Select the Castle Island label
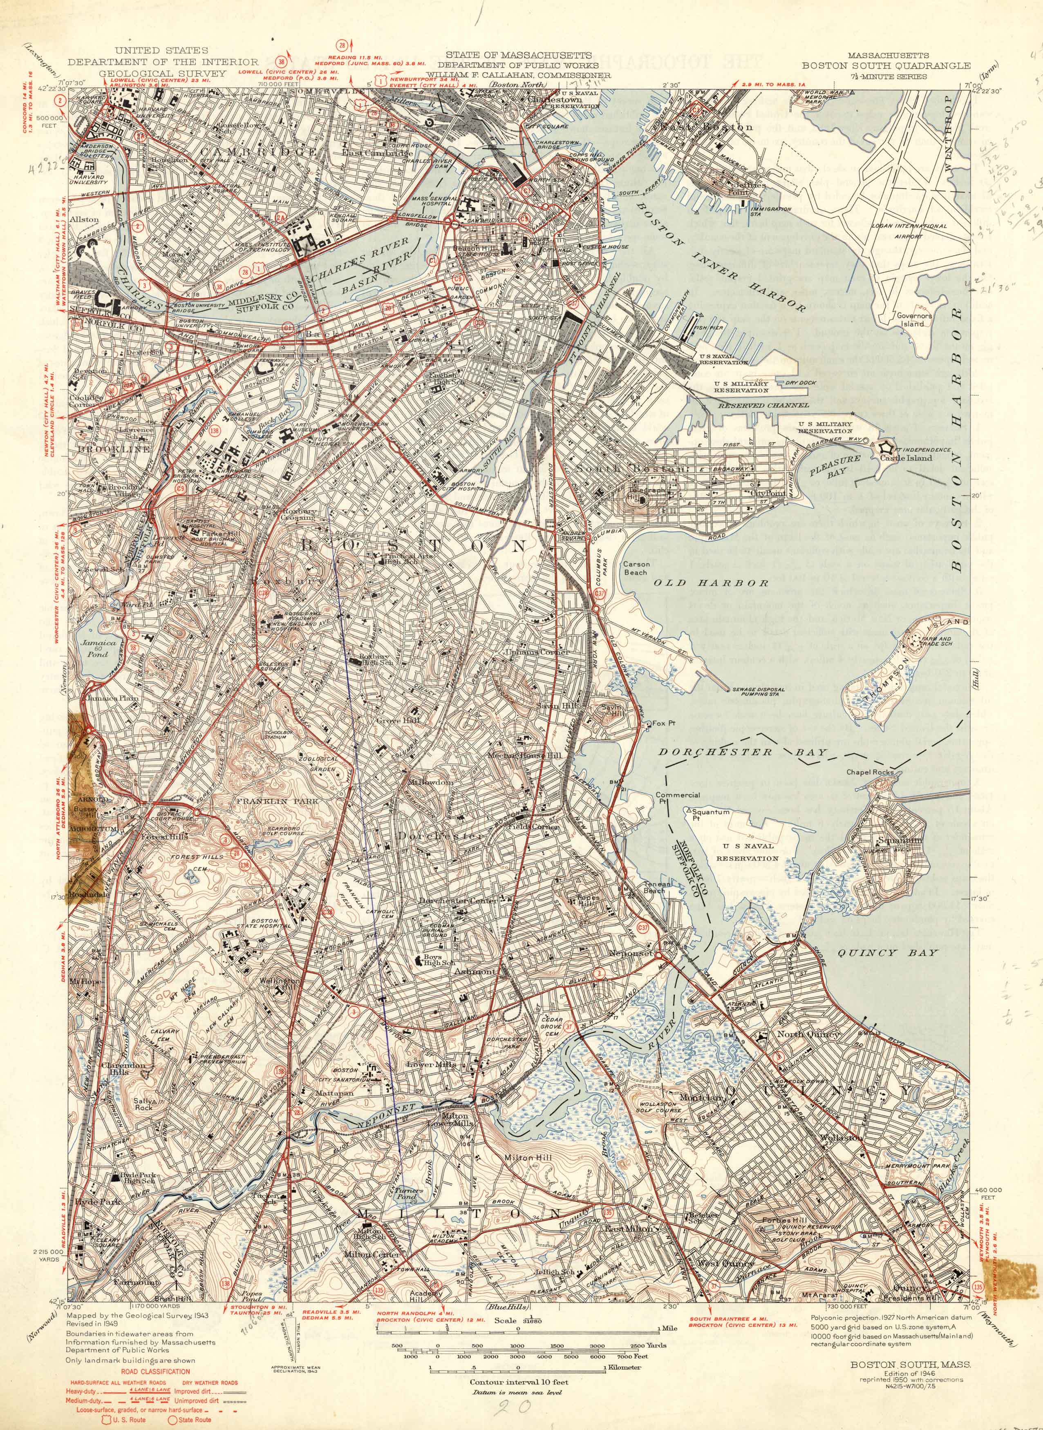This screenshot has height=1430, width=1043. (909, 458)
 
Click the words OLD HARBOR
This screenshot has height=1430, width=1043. (710, 583)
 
